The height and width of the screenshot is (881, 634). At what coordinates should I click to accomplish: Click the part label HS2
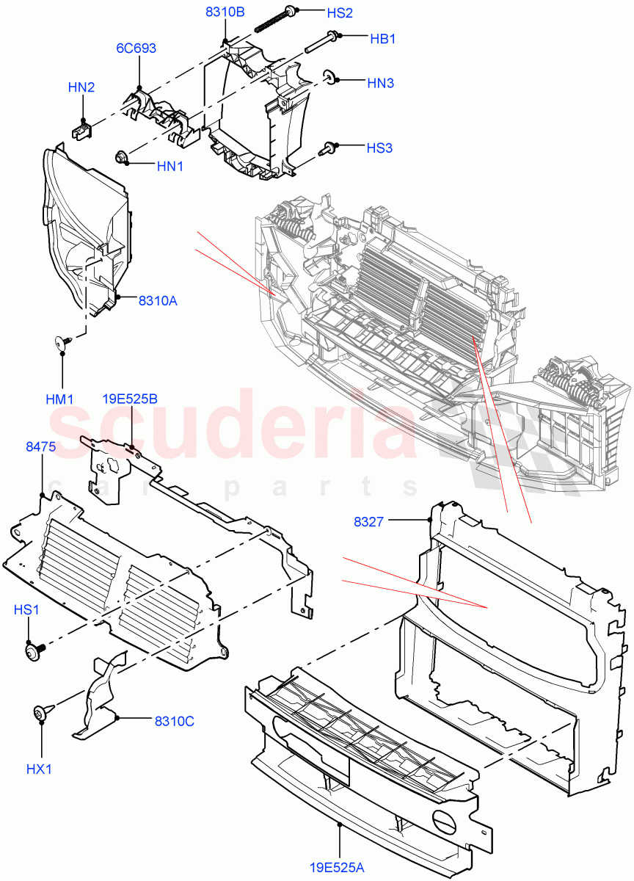pyautogui.click(x=360, y=13)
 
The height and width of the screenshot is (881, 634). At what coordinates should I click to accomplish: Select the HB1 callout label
pyautogui.click(x=382, y=39)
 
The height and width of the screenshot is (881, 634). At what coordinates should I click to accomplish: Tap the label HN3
pyautogui.click(x=380, y=83)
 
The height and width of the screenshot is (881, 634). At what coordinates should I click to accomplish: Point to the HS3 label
pyautogui.click(x=379, y=148)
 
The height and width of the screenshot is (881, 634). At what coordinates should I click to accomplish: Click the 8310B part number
pyautogui.click(x=225, y=12)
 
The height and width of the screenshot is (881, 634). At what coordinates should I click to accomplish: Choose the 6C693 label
pyautogui.click(x=136, y=48)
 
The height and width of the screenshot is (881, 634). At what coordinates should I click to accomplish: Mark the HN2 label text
pyautogui.click(x=81, y=87)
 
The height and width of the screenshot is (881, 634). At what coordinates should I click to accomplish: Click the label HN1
pyautogui.click(x=170, y=167)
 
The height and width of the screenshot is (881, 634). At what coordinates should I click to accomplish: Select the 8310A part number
pyautogui.click(x=158, y=300)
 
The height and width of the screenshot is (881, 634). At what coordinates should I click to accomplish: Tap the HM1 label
pyautogui.click(x=59, y=399)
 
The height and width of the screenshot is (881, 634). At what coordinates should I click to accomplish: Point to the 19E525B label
pyautogui.click(x=130, y=399)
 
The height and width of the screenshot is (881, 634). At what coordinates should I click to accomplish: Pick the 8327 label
pyautogui.click(x=368, y=522)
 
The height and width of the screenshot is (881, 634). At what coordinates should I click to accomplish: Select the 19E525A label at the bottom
pyautogui.click(x=337, y=868)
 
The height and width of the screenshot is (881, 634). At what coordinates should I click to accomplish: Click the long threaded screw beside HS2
pyautogui.click(x=276, y=20)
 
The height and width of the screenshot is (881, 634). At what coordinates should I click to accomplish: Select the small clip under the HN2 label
pyautogui.click(x=81, y=129)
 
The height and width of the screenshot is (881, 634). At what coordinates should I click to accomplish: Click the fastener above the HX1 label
pyautogui.click(x=41, y=712)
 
